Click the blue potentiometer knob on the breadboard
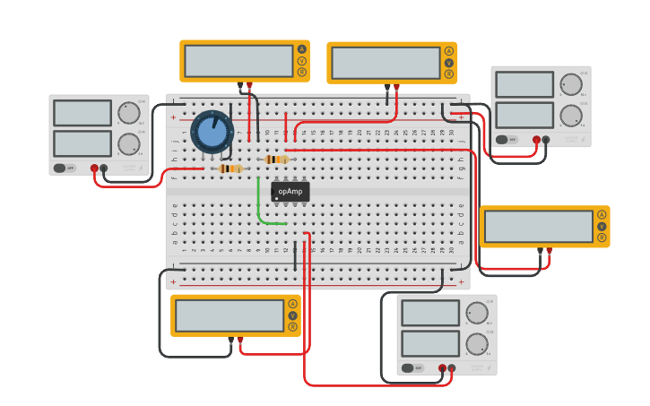[212, 132]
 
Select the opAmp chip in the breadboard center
[290, 191]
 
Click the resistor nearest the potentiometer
[230, 168]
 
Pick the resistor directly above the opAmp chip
[276, 160]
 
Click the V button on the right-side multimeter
[602, 226]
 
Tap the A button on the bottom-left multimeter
[292, 304]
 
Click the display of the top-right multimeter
[386, 63]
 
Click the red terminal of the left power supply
[94, 168]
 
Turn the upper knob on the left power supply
[128, 113]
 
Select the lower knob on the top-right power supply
[570, 115]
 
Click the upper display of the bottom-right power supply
[429, 313]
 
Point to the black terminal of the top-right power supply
[546, 140]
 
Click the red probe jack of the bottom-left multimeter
[239, 339]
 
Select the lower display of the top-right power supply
[524, 115]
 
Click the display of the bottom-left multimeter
[230, 315]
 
